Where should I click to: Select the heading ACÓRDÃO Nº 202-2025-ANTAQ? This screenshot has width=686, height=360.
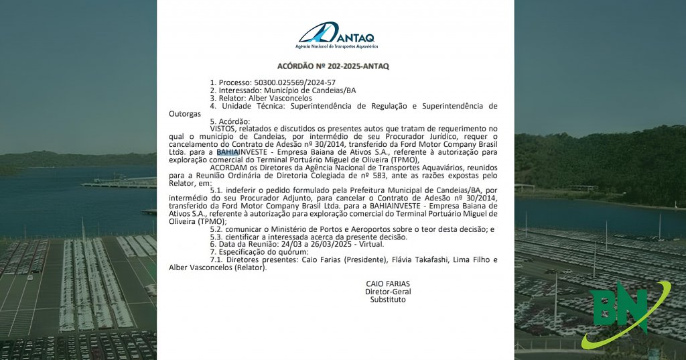333,66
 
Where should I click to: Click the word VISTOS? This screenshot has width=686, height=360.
223,128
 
